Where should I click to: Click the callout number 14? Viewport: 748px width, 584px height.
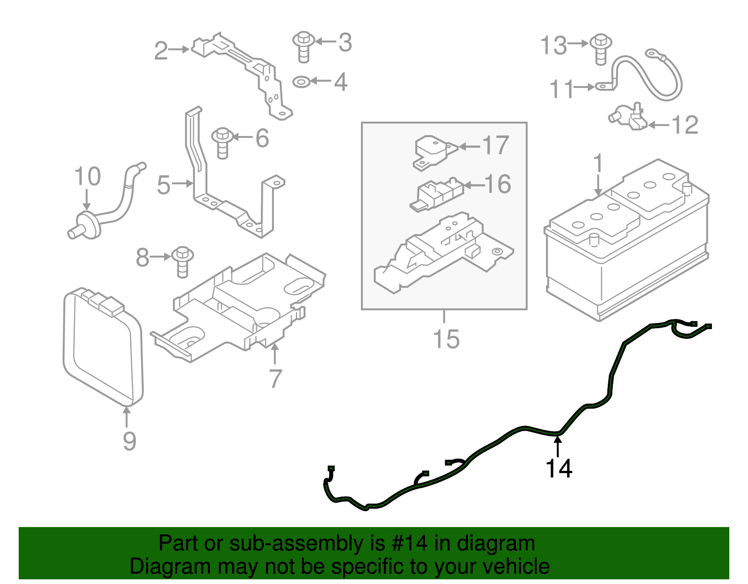pos(559,469)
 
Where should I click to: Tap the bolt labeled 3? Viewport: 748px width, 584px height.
pos(303,47)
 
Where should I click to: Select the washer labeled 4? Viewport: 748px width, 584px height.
pos(301,82)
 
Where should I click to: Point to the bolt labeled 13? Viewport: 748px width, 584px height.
pos(601,49)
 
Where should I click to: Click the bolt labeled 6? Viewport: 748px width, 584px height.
pos(223,143)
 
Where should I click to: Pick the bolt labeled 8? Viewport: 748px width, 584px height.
pos(182,262)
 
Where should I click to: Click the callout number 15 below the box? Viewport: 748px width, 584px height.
pos(446,339)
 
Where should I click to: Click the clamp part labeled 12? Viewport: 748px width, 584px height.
pos(628,118)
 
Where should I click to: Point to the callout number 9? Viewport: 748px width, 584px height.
pos(129,441)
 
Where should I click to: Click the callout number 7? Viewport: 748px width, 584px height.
pos(275,379)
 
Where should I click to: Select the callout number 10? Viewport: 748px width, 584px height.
pos(87,176)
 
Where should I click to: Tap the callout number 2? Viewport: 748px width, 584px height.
pos(161,51)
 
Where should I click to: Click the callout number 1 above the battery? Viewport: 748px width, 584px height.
pos(598,163)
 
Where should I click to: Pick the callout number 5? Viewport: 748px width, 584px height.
pos(164,185)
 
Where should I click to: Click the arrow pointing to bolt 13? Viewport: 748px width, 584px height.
pos(578,43)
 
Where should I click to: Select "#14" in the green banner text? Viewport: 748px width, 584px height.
pos(409,543)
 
